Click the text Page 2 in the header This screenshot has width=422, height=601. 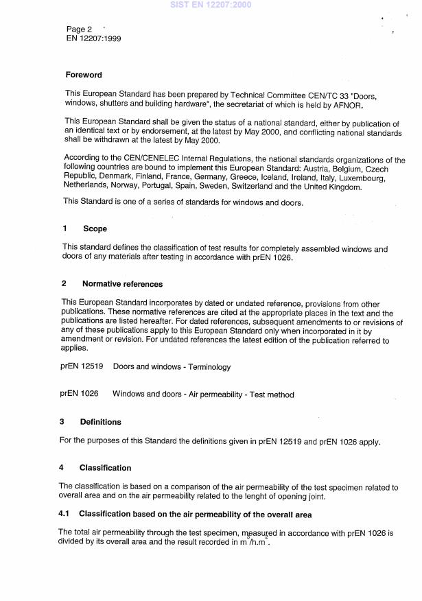pos(79,29)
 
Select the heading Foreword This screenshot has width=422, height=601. pos(84,75)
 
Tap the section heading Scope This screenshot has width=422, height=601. pos(95,228)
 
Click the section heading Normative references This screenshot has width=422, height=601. pos(122,283)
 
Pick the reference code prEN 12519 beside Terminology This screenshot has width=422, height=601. pos(82,367)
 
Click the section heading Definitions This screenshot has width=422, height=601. pos(100,422)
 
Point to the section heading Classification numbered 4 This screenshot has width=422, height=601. pos(105,468)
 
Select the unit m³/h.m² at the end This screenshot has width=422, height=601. pos(248,543)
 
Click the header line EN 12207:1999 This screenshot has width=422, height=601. pos(93,38)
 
